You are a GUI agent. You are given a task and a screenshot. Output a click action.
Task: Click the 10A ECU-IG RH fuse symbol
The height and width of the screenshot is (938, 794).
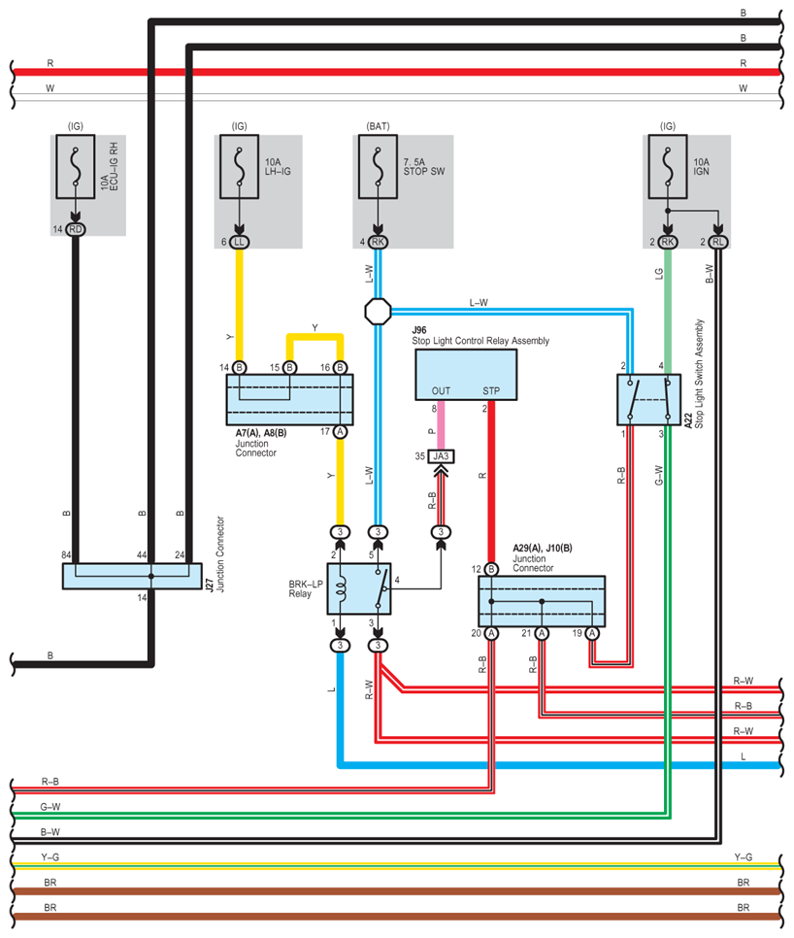[x=76, y=166]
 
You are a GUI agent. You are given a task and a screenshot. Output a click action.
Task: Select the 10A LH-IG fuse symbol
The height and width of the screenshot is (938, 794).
[x=239, y=166]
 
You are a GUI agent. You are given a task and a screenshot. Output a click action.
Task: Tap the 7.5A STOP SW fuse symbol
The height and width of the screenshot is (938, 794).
[x=378, y=166]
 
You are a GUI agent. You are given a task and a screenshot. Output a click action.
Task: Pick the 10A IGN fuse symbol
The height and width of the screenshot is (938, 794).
[x=668, y=166]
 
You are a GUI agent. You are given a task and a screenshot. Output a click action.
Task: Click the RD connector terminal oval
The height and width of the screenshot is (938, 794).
[x=76, y=229]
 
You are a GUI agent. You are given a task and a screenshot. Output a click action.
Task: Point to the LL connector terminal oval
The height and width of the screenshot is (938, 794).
[x=239, y=242]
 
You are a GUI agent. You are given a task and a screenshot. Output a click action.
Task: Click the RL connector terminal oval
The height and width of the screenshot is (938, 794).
[x=718, y=242]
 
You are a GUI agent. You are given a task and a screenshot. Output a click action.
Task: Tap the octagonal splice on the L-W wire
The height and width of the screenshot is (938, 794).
[x=378, y=311]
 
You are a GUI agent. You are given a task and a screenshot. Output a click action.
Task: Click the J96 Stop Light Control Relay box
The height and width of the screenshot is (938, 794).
[x=466, y=375]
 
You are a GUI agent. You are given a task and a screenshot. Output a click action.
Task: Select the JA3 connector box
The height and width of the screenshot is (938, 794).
[x=442, y=456]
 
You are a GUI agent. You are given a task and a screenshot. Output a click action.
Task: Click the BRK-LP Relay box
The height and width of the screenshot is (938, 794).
[x=359, y=588]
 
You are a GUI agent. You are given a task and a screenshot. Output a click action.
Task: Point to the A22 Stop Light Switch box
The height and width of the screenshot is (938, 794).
[x=648, y=400]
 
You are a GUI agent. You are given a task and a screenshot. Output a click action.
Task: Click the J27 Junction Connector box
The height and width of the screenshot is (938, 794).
[x=132, y=576]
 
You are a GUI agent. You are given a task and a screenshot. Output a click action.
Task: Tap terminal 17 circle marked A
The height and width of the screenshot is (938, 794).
[x=340, y=431]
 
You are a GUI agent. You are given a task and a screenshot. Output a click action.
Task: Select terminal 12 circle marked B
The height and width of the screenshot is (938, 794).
[x=491, y=569]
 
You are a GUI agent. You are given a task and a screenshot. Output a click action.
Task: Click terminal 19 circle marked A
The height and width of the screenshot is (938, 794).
[x=592, y=633]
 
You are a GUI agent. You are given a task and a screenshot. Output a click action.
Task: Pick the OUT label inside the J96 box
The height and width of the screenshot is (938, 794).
[x=442, y=390]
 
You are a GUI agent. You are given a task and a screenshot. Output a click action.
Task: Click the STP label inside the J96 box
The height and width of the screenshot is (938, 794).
[x=491, y=390]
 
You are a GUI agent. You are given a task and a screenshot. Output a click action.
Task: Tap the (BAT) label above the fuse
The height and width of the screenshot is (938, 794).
[x=378, y=126]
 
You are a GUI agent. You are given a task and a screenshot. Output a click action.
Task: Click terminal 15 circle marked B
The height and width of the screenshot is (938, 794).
[x=290, y=367]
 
